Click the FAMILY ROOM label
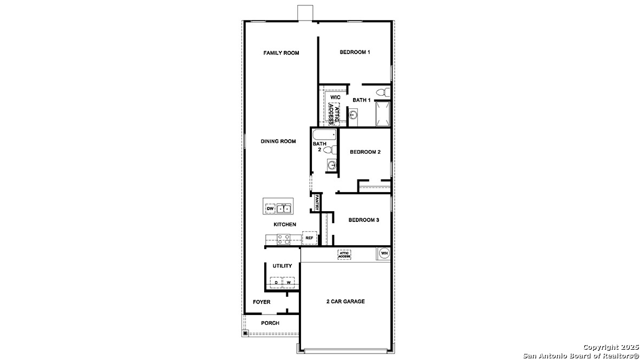[x=281, y=53]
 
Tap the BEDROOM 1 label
[x=355, y=52]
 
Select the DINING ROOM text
[x=278, y=141]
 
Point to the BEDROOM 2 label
[x=365, y=152]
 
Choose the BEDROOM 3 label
[x=363, y=220]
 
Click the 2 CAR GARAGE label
[x=345, y=302]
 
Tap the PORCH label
[x=270, y=323]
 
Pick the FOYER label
[x=262, y=302]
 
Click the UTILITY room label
[x=282, y=266]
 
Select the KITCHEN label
[x=284, y=224]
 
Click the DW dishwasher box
[x=270, y=208]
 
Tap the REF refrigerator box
[x=309, y=238]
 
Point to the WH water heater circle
[x=384, y=253]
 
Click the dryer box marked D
[x=276, y=283]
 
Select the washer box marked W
[x=289, y=283]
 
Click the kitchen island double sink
[x=284, y=208]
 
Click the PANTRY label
[x=316, y=203]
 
